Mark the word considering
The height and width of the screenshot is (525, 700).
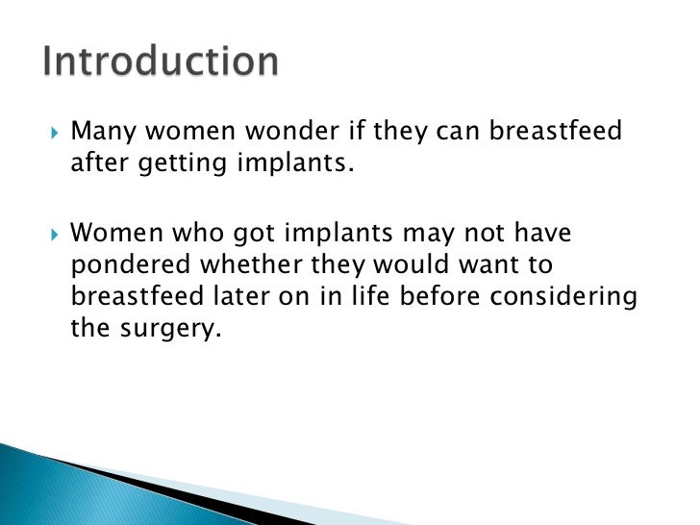563,298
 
